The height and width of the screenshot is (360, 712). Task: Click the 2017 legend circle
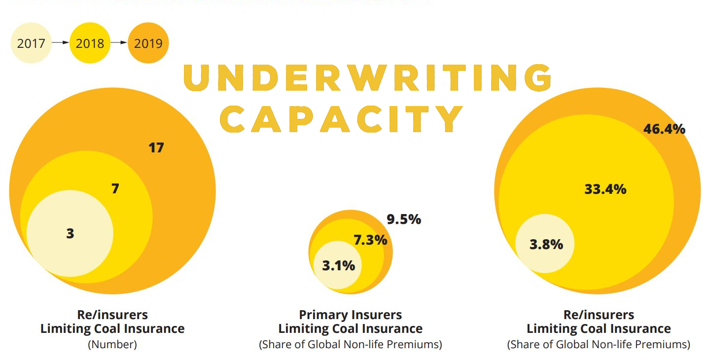(31, 43)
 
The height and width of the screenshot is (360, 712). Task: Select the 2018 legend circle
(90, 43)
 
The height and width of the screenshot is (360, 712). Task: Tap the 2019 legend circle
(148, 43)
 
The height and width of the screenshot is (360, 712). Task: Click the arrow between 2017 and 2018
(60, 43)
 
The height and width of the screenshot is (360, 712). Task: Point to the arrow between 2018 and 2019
(119, 43)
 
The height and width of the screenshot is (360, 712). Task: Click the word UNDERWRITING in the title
(367, 78)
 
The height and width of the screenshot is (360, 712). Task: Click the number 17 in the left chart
(156, 147)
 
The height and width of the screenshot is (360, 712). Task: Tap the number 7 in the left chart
(115, 188)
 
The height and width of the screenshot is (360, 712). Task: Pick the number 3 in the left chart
(70, 234)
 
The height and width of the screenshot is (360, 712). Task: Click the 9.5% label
(404, 219)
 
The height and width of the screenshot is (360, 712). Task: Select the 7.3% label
(370, 240)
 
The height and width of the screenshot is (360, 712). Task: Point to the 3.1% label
(338, 265)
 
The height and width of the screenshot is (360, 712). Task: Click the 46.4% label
(664, 129)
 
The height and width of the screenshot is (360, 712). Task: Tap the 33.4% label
(605, 189)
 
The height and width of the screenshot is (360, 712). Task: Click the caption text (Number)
(112, 345)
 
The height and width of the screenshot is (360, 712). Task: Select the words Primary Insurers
(350, 315)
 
